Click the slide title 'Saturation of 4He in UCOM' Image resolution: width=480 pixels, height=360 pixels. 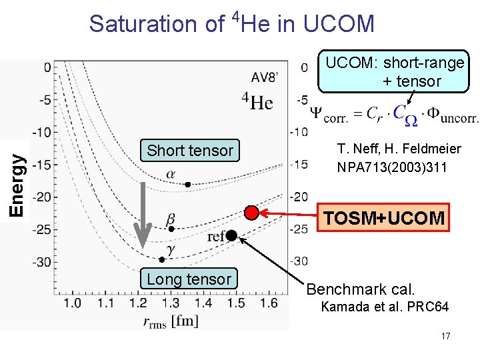pyautogui.click(x=232, y=23)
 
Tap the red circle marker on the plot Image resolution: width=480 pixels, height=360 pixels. pyautogui.click(x=251, y=213)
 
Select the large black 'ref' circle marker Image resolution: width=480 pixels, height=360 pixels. pyautogui.click(x=231, y=235)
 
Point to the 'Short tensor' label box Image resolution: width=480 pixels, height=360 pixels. pyautogui.click(x=190, y=151)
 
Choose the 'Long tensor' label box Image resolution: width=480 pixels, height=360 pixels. pyautogui.click(x=189, y=279)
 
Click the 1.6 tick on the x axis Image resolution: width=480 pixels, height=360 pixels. pyautogui.click(x=269, y=303)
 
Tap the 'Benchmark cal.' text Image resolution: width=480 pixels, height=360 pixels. pyautogui.click(x=360, y=289)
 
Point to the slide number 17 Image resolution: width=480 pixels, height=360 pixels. pyautogui.click(x=445, y=336)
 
